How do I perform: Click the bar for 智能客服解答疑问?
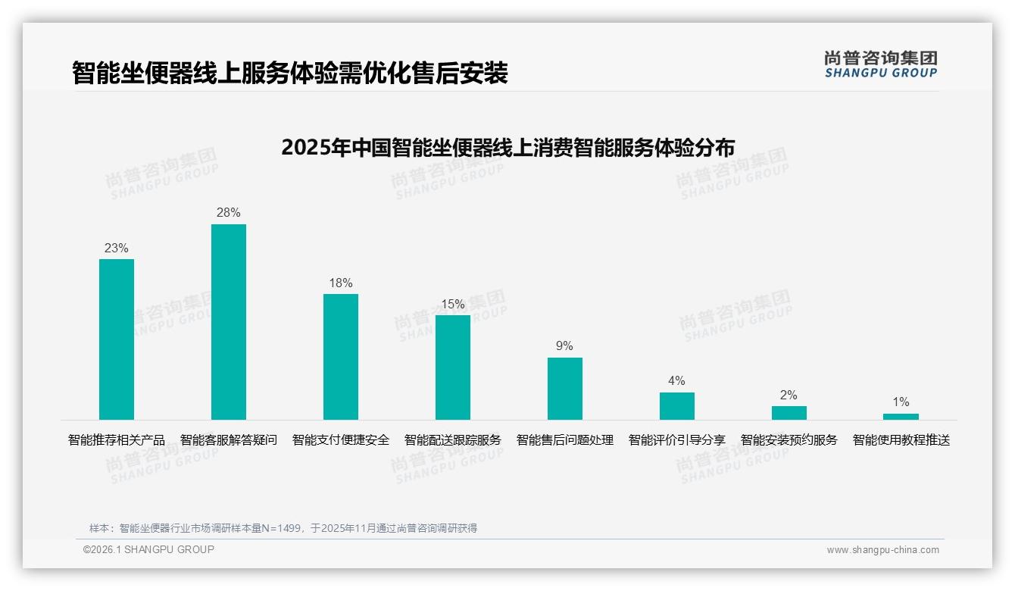229,322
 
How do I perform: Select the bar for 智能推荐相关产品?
117,339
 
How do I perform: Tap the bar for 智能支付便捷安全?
341,357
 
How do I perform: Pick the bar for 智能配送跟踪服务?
453,367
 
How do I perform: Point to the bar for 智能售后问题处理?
565,389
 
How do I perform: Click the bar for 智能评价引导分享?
677,406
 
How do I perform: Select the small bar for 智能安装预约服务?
789,413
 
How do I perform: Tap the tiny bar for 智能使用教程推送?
901,417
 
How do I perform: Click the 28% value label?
229,213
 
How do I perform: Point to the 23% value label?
117,248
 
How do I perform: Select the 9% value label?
565,346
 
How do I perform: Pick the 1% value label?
901,402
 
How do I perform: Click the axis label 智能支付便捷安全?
341,440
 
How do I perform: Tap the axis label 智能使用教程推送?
901,440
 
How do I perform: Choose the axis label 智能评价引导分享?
677,440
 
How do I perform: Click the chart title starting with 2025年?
507,147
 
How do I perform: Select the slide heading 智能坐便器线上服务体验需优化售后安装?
290,73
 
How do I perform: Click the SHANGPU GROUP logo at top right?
881,64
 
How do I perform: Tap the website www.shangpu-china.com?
882,550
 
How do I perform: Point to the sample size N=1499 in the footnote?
285,528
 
